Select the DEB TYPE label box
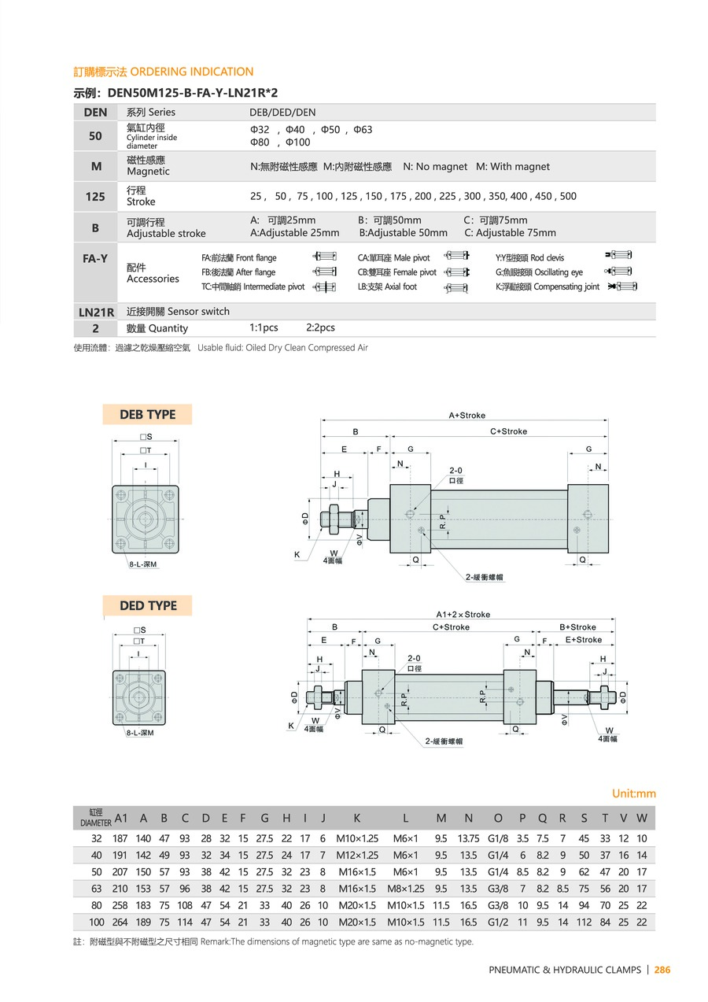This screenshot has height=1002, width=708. pyautogui.click(x=147, y=415)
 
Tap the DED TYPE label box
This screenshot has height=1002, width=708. pyautogui.click(x=148, y=606)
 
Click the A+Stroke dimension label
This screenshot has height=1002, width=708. pyautogui.click(x=467, y=415)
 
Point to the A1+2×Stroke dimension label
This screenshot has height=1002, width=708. pyautogui.click(x=463, y=615)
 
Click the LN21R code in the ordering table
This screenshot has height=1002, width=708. pyautogui.click(x=97, y=312)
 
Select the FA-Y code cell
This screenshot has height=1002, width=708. pyautogui.click(x=96, y=257)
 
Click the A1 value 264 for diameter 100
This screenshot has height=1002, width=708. pyautogui.click(x=120, y=922)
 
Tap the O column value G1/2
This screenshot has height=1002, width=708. pyautogui.click(x=498, y=922)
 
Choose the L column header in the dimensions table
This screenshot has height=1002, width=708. pyautogui.click(x=405, y=818)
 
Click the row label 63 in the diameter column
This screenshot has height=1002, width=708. pyautogui.click(x=97, y=889)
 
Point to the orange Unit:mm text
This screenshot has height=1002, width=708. pyautogui.click(x=633, y=794)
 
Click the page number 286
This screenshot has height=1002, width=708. pyautogui.click(x=662, y=970)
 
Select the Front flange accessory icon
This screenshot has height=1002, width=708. pyautogui.click(x=324, y=257)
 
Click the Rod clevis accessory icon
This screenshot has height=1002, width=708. pyautogui.click(x=619, y=257)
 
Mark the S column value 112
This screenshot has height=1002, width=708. pyautogui.click(x=584, y=922)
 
